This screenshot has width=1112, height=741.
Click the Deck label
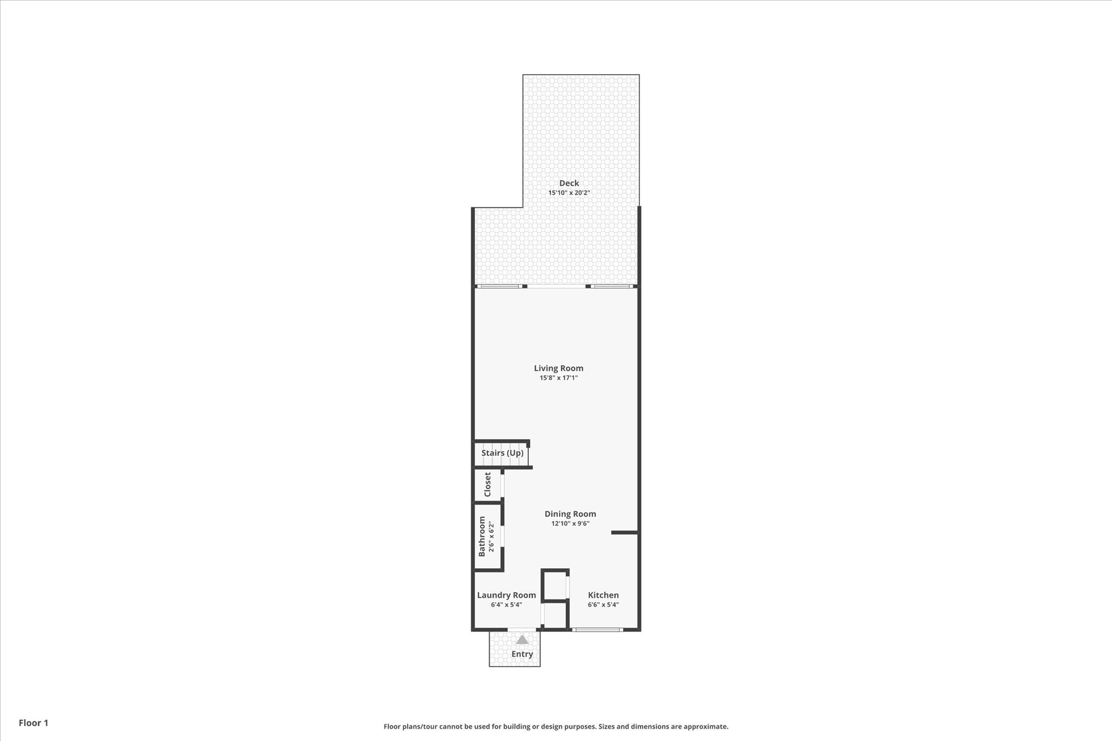coord(569,183)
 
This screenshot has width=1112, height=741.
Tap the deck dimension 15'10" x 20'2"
coord(569,193)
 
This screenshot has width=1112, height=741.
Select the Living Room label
coord(558,368)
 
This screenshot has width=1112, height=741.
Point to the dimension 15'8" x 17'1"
coord(558,378)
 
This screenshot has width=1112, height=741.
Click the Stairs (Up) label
coord(502,453)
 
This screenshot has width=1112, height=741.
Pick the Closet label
coord(487,485)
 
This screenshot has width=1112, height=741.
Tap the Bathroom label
coord(482,536)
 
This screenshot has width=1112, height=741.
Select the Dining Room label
coord(570,514)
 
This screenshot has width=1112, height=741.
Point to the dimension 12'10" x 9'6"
coord(570,524)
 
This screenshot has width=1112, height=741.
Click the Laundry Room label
coord(507,595)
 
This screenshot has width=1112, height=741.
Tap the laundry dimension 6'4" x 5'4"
coord(507,605)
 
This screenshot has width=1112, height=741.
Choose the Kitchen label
coord(603,595)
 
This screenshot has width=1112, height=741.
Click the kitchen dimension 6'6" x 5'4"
coord(603,605)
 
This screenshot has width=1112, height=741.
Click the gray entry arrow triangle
coord(523,640)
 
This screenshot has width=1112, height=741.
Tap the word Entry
coord(522,654)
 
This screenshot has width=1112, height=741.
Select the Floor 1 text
coord(33,722)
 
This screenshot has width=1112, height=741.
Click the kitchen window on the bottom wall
coord(597,629)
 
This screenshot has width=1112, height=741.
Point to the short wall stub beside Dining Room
coord(624,532)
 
